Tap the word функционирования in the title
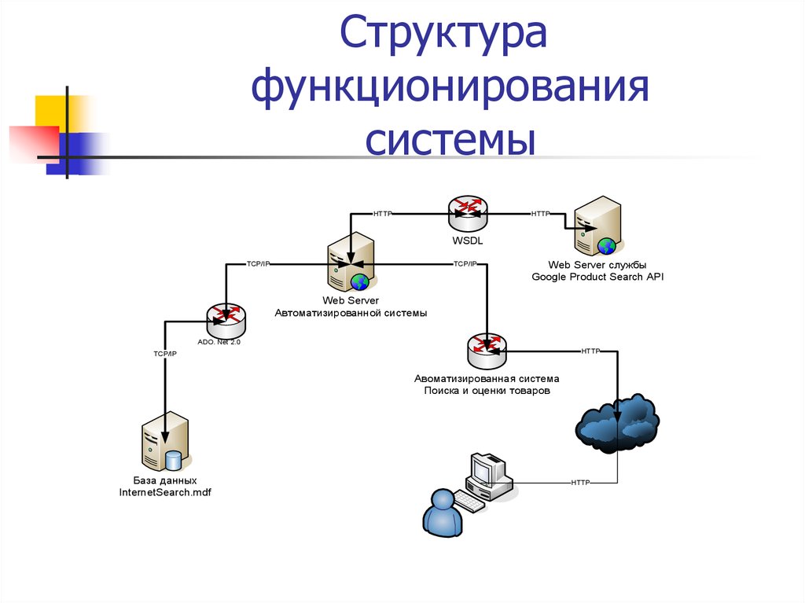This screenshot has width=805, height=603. pos(450,90)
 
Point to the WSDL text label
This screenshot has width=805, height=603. pos(468,241)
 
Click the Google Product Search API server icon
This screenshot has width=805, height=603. pos(597,226)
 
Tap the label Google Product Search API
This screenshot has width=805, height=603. pos(598,277)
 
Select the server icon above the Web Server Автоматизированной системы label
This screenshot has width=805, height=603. pos(350,263)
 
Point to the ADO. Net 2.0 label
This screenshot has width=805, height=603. pos(219,343)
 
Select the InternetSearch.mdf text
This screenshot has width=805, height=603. pos(165,492)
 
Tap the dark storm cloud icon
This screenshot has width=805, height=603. pos(617,425)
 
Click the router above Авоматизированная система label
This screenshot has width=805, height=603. pos(487,349)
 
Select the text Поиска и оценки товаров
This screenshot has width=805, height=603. pos(487,390)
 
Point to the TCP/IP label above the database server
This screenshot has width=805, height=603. pos(165,355)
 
